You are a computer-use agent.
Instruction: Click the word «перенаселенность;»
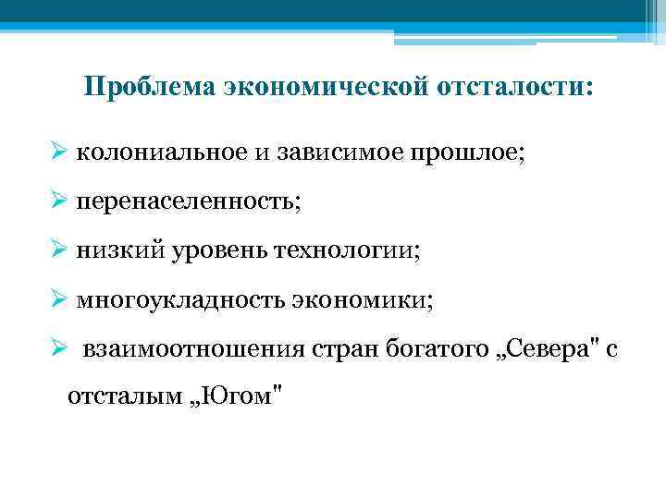pyautogui.click(x=189, y=202)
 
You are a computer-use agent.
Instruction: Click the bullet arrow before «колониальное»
pyautogui.click(x=58, y=151)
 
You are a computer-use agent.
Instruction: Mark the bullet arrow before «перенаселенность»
pyautogui.click(x=58, y=201)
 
